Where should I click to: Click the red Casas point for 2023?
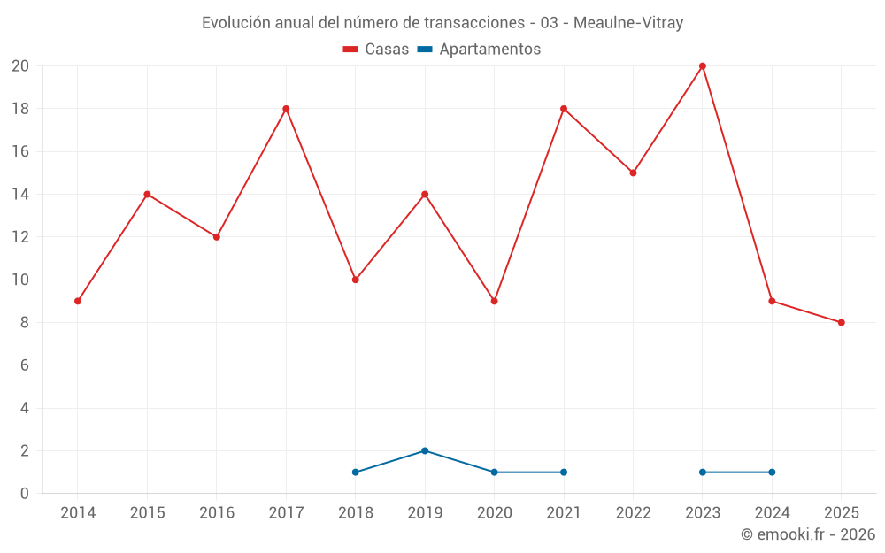(703, 66)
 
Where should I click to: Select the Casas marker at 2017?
(286, 109)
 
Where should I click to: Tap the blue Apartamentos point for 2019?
(425, 450)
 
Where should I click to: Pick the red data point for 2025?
(842, 322)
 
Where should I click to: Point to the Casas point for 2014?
(78, 301)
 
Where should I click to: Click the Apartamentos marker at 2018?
(356, 472)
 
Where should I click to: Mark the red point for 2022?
(633, 173)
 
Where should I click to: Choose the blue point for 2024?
(772, 472)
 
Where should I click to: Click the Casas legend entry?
(376, 50)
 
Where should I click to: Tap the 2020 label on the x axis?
(494, 512)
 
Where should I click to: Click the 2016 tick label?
(216, 512)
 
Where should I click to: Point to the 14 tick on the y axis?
(19, 194)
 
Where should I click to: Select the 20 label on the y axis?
(19, 66)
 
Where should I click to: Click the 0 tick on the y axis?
(24, 493)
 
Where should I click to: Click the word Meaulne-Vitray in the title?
(628, 23)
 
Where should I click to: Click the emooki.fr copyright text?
(808, 534)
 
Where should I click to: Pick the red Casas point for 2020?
(494, 301)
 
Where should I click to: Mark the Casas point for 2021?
(564, 109)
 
